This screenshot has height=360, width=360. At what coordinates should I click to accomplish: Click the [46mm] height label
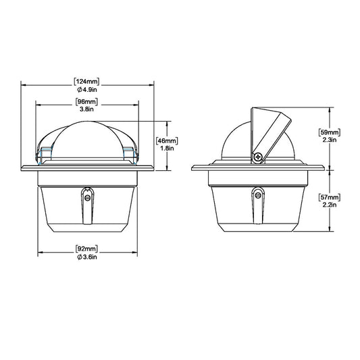pos(167,140)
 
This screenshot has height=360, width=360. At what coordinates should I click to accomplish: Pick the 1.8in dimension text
pos(167,148)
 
